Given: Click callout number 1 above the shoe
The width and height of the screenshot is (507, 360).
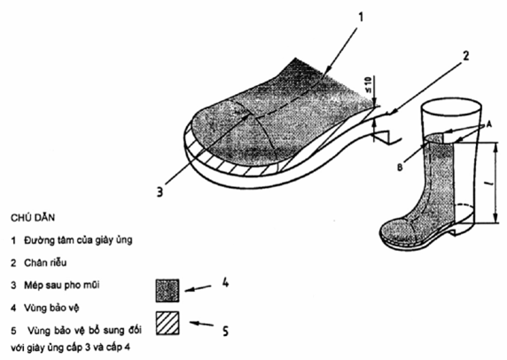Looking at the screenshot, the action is (x=361, y=17).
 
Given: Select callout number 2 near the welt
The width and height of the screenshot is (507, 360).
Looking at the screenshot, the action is (x=465, y=56).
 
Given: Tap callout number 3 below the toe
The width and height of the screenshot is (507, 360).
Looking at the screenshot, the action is (x=160, y=192).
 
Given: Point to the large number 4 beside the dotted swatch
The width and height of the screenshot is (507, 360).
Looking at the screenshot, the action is (x=225, y=283).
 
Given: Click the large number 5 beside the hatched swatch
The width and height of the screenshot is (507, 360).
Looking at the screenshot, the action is (x=225, y=331).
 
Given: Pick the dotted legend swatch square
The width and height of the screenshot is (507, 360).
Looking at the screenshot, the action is (x=168, y=291).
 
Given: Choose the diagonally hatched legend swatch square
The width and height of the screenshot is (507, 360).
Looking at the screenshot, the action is (x=168, y=323).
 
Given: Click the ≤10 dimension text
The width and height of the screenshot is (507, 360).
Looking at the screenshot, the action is (x=370, y=85).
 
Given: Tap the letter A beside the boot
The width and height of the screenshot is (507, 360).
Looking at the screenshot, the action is (x=489, y=124).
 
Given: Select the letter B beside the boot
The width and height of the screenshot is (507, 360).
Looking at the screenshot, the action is (x=400, y=168).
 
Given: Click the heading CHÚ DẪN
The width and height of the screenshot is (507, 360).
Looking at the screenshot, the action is (x=33, y=217).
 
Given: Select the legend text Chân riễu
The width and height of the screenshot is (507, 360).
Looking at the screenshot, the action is (x=45, y=262).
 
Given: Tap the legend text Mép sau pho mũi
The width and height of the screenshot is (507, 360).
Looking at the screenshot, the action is (x=62, y=286).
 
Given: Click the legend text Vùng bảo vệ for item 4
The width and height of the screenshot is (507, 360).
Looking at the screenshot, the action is (x=51, y=308).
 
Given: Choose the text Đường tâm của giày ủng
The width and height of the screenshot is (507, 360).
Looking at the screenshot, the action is (x=78, y=240).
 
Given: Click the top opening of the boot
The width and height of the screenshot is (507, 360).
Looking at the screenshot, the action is (x=451, y=106).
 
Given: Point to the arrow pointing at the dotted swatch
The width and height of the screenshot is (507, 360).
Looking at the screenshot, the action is (x=199, y=288).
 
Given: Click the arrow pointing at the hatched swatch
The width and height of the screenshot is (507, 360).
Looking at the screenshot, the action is (x=201, y=324).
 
